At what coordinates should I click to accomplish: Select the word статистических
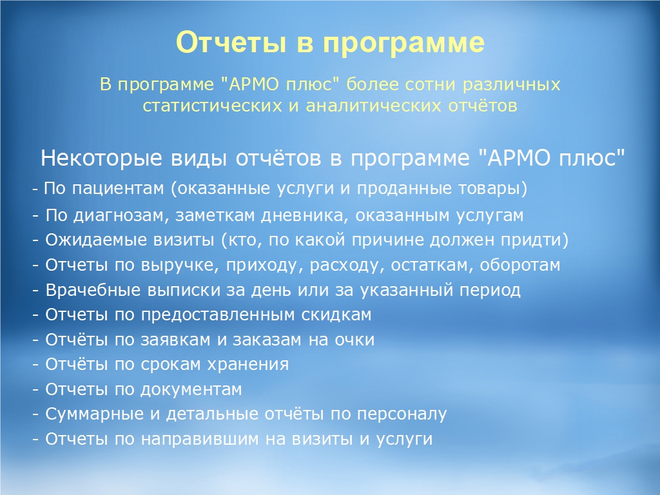212,106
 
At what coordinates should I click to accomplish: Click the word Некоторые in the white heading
101,159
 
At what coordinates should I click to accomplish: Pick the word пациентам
118,189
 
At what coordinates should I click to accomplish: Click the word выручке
180,266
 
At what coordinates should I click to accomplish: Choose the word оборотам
520,265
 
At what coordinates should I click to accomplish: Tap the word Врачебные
93,290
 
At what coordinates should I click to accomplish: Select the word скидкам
336,315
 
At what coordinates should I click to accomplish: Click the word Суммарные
95,414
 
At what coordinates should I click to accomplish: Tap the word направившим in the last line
200,439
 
